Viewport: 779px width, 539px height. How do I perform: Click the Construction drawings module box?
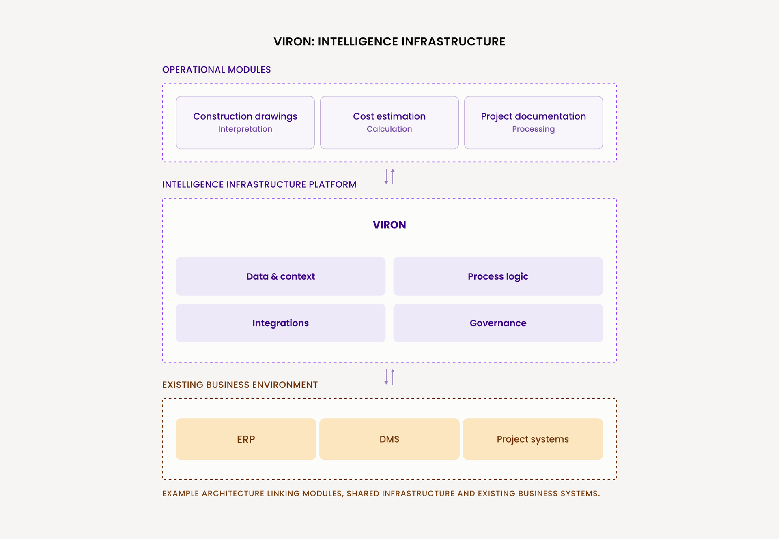245,122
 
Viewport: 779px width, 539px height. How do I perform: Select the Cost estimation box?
389,122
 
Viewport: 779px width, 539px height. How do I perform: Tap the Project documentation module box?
534,122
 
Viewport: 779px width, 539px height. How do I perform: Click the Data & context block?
281,276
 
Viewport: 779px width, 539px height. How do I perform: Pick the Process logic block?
498,276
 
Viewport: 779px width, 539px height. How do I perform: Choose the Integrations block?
281,323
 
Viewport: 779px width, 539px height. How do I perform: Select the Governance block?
498,323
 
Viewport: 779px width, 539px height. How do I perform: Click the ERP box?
246,439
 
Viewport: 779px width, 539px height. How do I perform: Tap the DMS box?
389,439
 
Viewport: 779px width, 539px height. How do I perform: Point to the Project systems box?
533,439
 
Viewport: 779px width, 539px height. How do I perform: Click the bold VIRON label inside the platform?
389,225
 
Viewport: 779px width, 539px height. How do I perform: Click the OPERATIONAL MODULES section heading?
217,70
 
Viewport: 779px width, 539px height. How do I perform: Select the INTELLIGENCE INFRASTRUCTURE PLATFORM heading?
259,184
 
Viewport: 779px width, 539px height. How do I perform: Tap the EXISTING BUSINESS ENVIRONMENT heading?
240,385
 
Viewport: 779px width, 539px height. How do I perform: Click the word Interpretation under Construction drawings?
245,129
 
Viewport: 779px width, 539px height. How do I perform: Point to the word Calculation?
389,129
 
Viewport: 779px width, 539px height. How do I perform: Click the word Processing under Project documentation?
534,129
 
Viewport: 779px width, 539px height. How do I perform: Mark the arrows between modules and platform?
389,177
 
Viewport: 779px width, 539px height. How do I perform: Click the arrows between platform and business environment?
389,377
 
